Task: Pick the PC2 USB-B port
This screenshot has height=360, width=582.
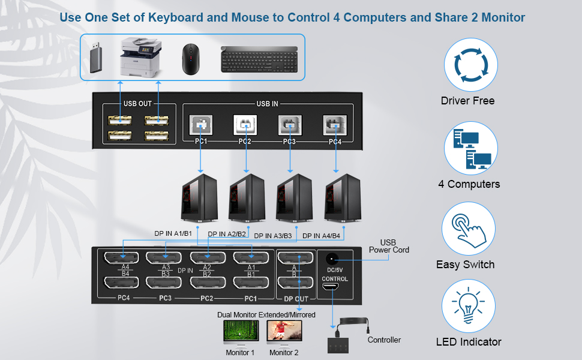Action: coord(245,125)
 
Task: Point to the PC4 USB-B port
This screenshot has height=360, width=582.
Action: coord(335,125)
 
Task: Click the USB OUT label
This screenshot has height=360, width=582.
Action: coord(138,103)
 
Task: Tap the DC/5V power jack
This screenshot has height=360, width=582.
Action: coord(331,259)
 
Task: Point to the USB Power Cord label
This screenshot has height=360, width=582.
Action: coord(389,246)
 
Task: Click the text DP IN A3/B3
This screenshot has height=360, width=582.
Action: coord(273,236)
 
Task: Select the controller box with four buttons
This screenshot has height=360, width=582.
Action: coord(343,346)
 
